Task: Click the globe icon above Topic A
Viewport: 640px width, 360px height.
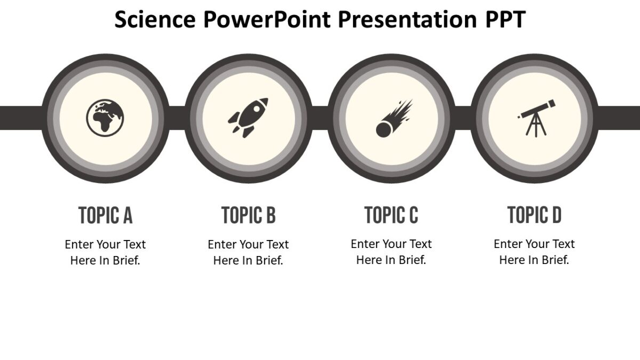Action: pos(105,117)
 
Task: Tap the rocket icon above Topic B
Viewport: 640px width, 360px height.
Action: pos(248,117)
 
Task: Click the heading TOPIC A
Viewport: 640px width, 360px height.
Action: pos(105,215)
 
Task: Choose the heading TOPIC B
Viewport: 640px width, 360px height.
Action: pos(249,215)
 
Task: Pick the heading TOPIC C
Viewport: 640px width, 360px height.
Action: pos(391,215)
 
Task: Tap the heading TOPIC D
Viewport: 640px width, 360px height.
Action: pos(534,215)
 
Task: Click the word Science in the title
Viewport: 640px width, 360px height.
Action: pos(155,20)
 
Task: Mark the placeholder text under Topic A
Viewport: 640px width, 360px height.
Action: pos(105,252)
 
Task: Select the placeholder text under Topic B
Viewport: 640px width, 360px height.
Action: pos(249,252)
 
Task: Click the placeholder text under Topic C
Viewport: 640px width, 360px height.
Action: pos(391,252)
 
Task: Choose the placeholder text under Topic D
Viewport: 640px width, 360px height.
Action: pos(534,252)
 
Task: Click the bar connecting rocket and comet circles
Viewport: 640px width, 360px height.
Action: pos(320,118)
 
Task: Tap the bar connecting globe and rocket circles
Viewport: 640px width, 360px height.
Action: pos(177,118)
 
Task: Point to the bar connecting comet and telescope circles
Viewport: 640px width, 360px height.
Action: pos(463,118)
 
